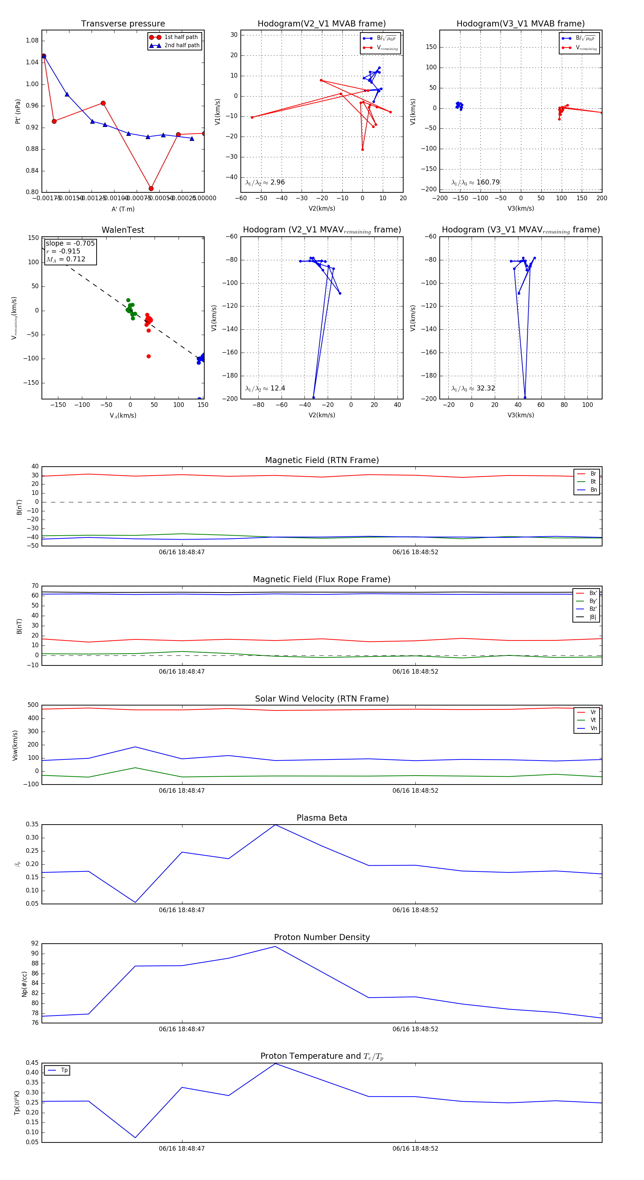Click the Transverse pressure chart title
(123, 24)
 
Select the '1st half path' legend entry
(181, 37)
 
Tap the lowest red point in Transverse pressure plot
(151, 188)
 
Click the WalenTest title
(123, 230)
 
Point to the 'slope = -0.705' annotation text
(70, 243)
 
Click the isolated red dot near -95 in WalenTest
(148, 357)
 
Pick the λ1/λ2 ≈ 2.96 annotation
(265, 182)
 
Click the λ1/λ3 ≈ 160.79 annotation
(475, 182)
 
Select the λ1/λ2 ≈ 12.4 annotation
(265, 388)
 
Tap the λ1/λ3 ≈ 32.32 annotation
(473, 388)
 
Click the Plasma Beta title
(322, 818)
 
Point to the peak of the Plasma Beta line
(275, 825)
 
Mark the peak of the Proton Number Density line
(275, 947)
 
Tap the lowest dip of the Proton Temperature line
(135, 1137)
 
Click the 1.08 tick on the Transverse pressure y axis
(32, 41)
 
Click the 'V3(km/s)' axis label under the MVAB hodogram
(520, 208)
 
